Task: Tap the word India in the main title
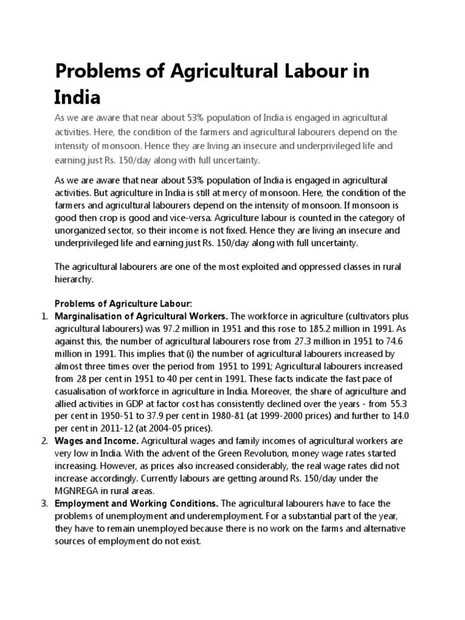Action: click(x=77, y=97)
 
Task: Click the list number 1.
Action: click(x=44, y=316)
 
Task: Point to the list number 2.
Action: click(x=44, y=441)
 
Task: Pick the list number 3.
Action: click(x=44, y=503)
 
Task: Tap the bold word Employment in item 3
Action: click(x=82, y=503)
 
